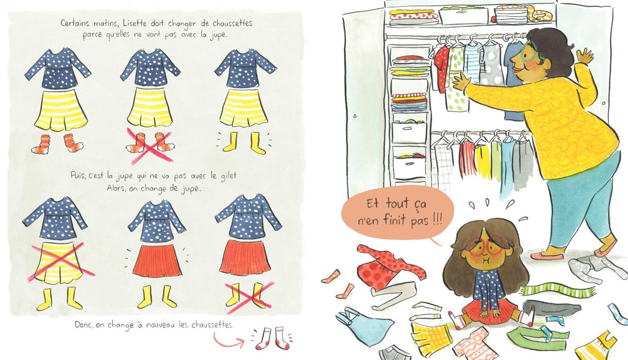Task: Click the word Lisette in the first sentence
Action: [135, 23]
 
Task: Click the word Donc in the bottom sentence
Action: [83, 325]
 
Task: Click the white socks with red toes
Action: [272, 338]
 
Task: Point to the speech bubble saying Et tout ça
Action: [398, 212]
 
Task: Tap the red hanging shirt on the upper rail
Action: [442, 67]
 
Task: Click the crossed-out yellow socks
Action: [247, 297]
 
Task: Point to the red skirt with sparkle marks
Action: [157, 261]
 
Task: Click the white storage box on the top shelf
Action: [463, 16]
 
